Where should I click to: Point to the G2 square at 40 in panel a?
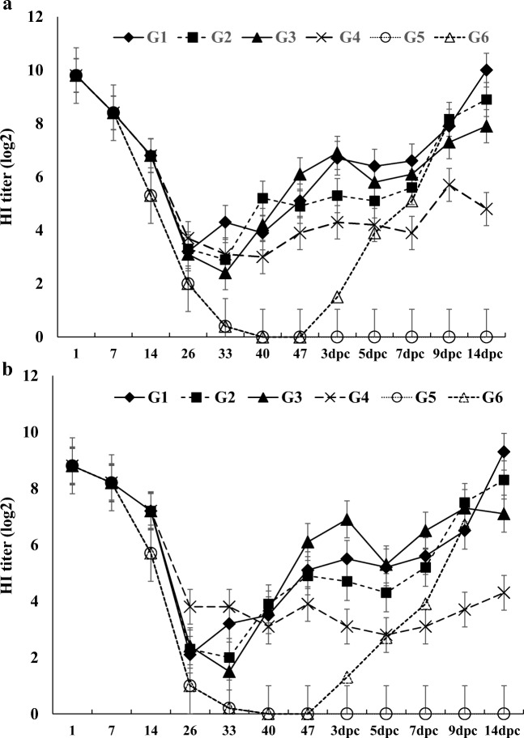click(262, 198)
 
